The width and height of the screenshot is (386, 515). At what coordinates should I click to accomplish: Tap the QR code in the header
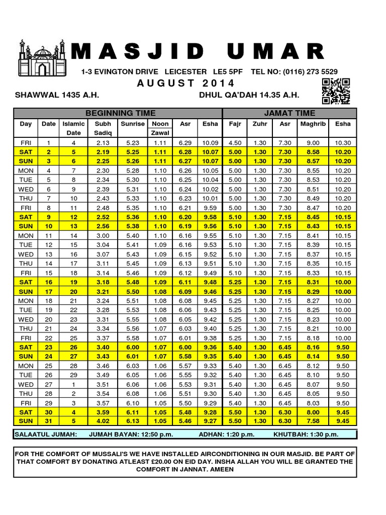(x=336, y=92)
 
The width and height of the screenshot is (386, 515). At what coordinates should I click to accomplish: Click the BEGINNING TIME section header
(x=121, y=113)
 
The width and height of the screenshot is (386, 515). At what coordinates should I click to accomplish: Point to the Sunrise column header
(x=133, y=124)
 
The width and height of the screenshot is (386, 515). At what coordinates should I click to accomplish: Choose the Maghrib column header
(x=313, y=124)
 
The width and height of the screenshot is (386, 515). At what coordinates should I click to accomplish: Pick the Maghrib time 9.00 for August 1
(x=313, y=143)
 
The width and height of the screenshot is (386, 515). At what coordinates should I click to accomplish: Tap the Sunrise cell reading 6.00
(x=133, y=347)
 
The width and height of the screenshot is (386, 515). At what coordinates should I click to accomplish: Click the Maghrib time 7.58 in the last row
(x=313, y=420)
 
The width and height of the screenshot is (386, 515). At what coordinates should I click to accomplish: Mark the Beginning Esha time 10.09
(x=210, y=143)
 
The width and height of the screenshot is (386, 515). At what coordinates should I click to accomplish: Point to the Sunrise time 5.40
(x=133, y=235)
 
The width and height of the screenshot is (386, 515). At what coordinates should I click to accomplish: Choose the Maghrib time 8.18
(x=313, y=338)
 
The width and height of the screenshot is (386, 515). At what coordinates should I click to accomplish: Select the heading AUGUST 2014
(x=185, y=83)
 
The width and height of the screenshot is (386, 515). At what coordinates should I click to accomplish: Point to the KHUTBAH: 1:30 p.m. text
(x=306, y=435)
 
